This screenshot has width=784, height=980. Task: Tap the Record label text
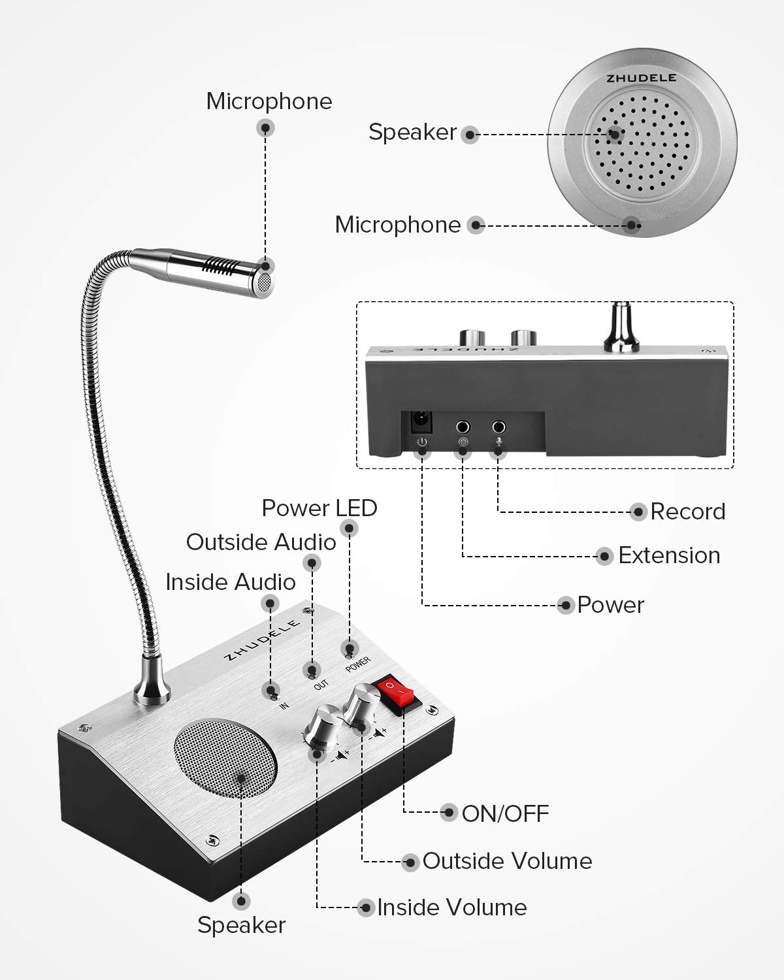click(687, 512)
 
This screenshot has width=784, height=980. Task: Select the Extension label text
click(669, 555)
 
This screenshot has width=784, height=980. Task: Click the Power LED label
click(319, 508)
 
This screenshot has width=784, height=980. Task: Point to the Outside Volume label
click(507, 861)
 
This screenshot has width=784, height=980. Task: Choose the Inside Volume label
click(451, 907)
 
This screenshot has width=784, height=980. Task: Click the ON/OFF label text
click(505, 814)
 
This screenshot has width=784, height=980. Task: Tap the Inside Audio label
click(230, 582)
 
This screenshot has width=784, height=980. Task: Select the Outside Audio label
click(261, 542)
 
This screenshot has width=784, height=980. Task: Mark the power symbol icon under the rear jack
click(423, 443)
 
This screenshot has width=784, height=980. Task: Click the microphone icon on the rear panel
click(499, 442)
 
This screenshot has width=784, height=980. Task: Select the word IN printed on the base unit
click(284, 705)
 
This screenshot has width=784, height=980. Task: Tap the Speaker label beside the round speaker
click(412, 132)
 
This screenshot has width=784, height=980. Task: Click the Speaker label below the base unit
click(241, 925)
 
